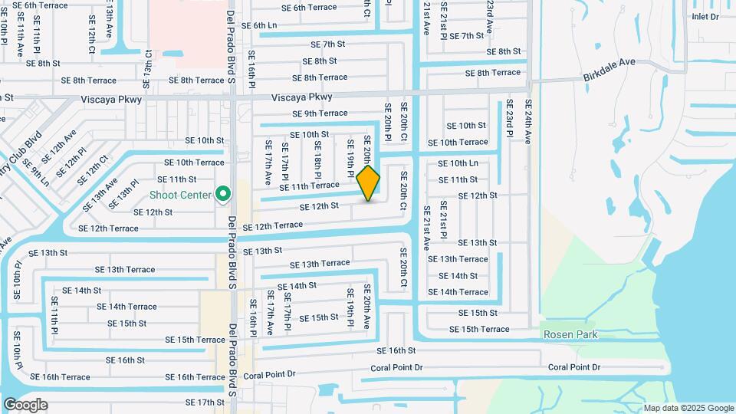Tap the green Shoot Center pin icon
click(x=223, y=194)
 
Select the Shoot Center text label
click(x=179, y=195)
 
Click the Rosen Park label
click(x=570, y=334)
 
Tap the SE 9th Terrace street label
click(x=320, y=113)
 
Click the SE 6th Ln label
click(x=258, y=25)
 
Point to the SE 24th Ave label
click(x=528, y=122)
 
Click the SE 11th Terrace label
click(x=309, y=186)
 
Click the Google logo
click(x=25, y=404)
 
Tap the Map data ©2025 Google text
click(x=688, y=408)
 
